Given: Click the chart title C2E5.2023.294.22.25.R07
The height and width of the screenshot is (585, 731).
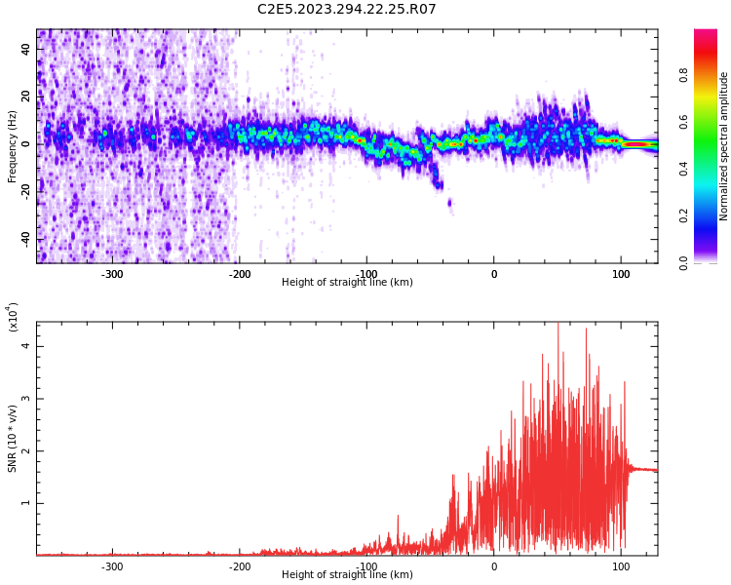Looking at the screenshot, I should tap(346, 10).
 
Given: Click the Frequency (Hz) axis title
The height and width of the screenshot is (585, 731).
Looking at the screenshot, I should tap(13, 146).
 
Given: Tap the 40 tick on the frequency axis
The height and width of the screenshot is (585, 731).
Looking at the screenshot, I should tap(26, 50).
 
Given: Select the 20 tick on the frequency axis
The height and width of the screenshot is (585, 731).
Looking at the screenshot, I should tap(26, 97).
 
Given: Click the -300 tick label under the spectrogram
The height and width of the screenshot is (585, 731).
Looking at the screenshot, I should tap(112, 274).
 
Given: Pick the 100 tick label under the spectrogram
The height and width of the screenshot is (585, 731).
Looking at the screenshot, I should tap(621, 274).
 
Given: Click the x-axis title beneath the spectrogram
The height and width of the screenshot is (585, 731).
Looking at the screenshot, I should tap(346, 283).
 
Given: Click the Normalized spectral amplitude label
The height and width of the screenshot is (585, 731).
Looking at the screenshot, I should tap(724, 146).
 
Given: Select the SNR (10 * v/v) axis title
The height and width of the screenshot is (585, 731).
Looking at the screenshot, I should tap(13, 439).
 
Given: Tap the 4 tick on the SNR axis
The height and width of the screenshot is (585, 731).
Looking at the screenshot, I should tap(26, 346).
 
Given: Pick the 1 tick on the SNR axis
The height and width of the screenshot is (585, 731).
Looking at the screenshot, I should tap(26, 503).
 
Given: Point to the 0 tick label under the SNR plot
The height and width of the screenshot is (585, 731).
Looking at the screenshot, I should tap(493, 566).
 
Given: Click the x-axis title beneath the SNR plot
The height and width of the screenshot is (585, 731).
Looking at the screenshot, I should tap(346, 575).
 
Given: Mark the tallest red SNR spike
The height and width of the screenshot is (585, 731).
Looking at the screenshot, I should tap(558, 325).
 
